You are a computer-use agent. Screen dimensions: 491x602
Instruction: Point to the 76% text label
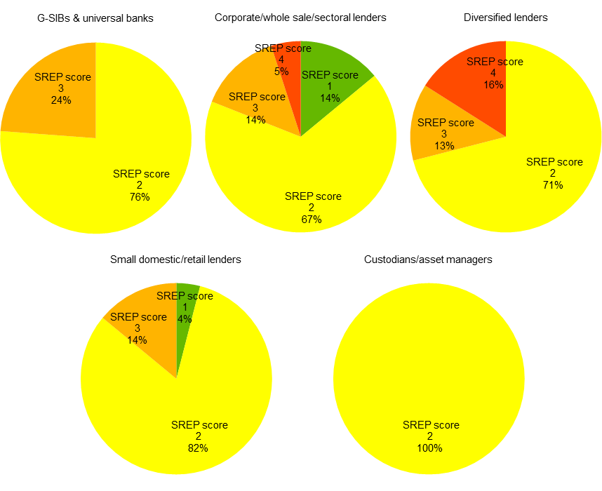[140, 197]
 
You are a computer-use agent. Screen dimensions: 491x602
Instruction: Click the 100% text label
[429, 448]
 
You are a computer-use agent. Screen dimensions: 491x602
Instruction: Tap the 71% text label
[553, 185]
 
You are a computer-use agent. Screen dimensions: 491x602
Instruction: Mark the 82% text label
[198, 448]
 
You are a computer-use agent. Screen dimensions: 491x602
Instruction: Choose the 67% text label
[312, 220]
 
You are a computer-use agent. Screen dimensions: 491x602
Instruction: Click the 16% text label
[494, 84]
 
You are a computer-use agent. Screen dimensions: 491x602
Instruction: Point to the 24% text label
[61, 100]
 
